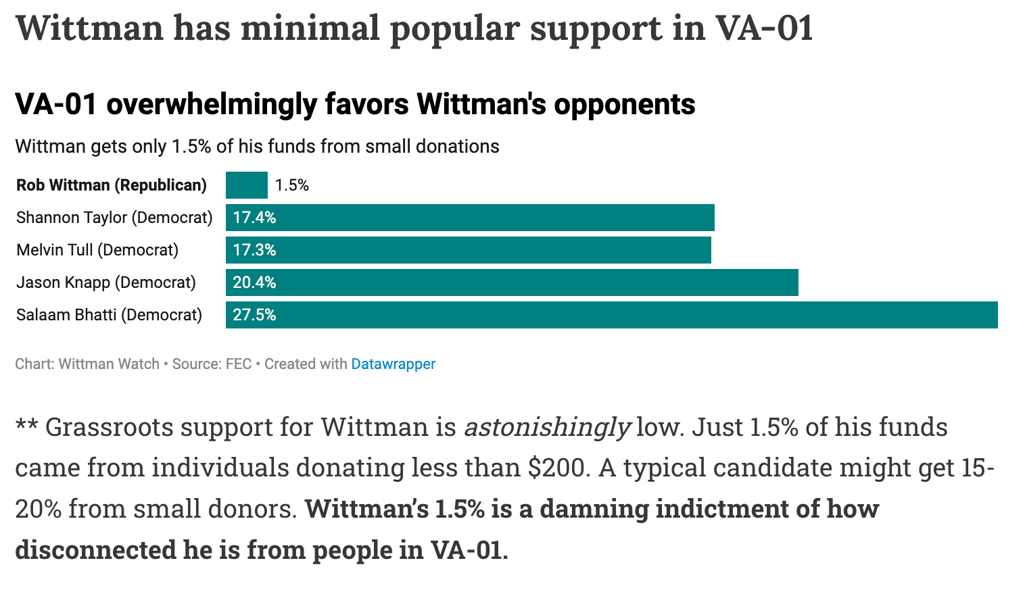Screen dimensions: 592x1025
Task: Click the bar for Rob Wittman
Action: pos(247,185)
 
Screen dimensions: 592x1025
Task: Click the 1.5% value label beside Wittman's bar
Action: pos(292,185)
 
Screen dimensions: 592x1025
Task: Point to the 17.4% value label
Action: pos(254,218)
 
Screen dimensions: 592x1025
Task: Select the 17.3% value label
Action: pos(254,250)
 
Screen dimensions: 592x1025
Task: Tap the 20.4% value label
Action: pos(254,282)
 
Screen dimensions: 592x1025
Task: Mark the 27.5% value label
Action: pos(254,315)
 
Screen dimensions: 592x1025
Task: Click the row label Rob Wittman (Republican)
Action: pos(112,185)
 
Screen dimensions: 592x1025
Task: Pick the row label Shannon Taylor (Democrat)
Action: pos(114,218)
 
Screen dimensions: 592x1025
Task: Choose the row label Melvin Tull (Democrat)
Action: pos(97,250)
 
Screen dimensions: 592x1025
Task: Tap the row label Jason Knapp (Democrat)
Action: pos(106,282)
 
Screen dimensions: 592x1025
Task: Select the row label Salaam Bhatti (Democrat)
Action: pos(110,315)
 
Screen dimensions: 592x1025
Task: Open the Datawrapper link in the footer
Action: pos(394,364)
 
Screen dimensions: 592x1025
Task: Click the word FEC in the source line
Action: pos(239,364)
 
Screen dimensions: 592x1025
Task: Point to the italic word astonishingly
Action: pos(547,427)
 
